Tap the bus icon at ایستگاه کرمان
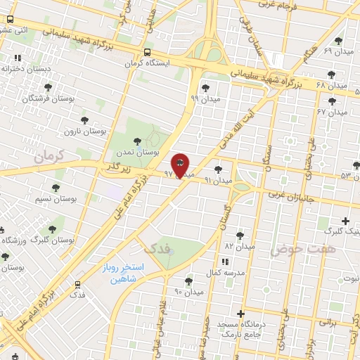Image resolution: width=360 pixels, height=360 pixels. tap(147, 53)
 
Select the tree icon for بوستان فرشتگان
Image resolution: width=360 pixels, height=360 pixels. tap(48, 87)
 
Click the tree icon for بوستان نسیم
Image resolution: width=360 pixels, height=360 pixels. tap(56, 188)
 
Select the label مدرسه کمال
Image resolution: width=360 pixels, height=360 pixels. tap(225, 272)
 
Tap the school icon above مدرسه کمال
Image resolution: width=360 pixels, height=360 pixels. tap(225, 262)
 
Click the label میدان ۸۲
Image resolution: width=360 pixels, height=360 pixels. tap(239, 247)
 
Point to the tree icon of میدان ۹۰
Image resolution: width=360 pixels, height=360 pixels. tap(188, 281)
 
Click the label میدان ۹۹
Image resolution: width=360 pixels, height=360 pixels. tap(205, 99)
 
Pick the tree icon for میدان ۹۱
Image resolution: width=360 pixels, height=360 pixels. tap(219, 169)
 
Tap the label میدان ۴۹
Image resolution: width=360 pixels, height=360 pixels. tap(337, 51)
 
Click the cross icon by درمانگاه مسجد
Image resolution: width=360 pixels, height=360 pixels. tap(240, 314)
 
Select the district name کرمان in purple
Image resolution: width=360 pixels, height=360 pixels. tap(48, 156)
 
